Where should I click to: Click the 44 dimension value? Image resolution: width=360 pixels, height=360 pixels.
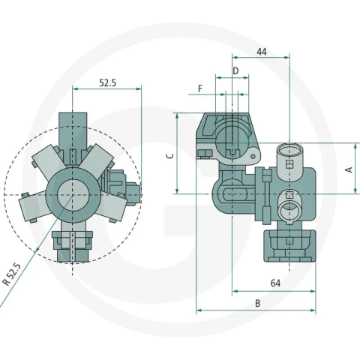pyautogui.click(x=262, y=52)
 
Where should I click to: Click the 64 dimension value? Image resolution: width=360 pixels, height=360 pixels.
pyautogui.click(x=275, y=283)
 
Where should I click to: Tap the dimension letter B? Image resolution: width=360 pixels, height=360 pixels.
pyautogui.click(x=257, y=303)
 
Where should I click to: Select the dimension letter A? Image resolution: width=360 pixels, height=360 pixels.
pyautogui.click(x=349, y=169)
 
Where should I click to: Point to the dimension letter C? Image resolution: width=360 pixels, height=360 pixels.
pyautogui.click(x=170, y=156)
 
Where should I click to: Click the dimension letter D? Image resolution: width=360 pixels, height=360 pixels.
pyautogui.click(x=235, y=71)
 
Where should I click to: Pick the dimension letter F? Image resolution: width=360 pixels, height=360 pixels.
pyautogui.click(x=200, y=88)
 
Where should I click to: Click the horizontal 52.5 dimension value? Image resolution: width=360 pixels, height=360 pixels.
pyautogui.click(x=108, y=82)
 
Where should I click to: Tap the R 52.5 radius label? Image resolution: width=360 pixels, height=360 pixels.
pyautogui.click(x=11, y=274)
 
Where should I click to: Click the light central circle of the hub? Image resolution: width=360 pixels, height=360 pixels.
pyautogui.click(x=72, y=195)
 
